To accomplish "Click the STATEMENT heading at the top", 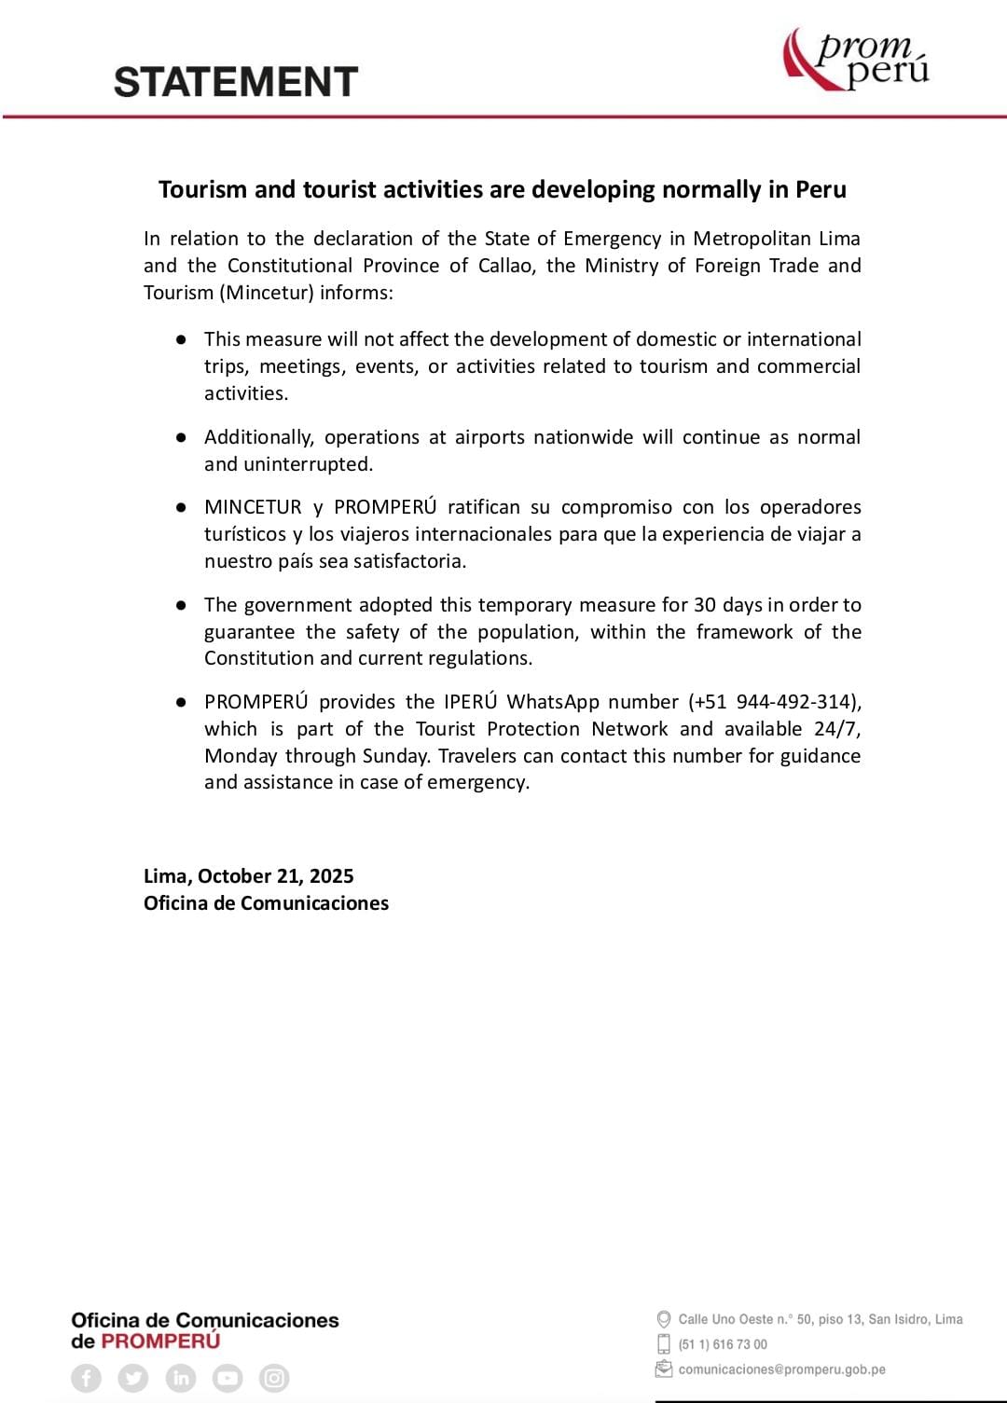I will click(236, 82).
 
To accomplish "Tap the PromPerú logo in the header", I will click(856, 60).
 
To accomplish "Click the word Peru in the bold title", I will click(821, 189).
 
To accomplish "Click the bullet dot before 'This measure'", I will click(182, 339).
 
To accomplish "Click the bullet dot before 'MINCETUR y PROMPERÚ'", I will click(182, 507).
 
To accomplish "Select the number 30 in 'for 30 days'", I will click(705, 605).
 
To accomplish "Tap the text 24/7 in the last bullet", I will click(838, 729).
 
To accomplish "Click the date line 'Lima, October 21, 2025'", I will click(249, 876).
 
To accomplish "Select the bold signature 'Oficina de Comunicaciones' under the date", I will click(266, 903).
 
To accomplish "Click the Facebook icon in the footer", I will click(86, 1378).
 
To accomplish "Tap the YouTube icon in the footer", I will click(227, 1378).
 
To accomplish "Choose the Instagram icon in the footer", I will click(274, 1378).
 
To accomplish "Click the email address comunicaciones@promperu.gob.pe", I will click(781, 1369).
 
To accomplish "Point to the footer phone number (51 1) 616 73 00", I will click(723, 1344).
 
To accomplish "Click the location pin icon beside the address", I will click(664, 1319).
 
